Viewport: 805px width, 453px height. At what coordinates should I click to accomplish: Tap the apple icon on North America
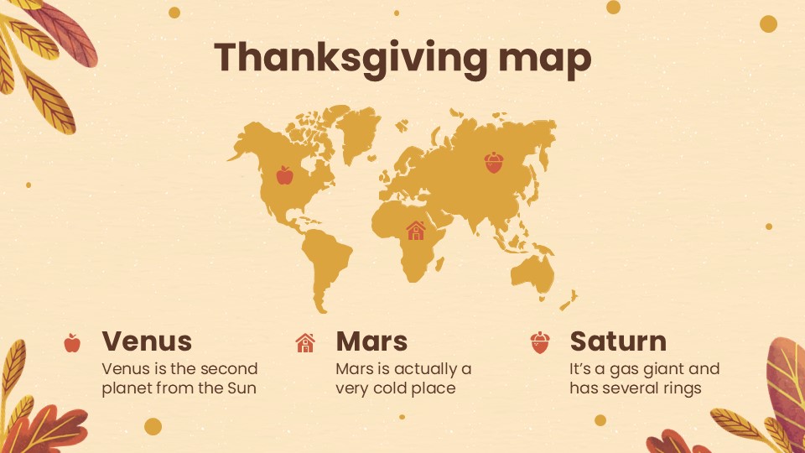(285, 174)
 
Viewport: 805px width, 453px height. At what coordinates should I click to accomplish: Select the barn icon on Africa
(416, 229)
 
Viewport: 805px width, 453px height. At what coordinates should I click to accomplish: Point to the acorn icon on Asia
(494, 162)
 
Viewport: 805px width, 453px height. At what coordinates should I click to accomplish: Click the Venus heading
(147, 341)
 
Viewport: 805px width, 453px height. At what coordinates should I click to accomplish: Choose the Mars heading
(371, 341)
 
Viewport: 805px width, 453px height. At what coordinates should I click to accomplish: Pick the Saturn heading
(618, 341)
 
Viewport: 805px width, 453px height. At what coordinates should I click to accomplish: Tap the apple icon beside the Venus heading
(72, 342)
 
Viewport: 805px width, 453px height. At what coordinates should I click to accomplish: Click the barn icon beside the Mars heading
(305, 342)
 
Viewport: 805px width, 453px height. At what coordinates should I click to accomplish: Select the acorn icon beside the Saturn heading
(539, 342)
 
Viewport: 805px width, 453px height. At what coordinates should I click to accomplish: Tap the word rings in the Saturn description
(680, 388)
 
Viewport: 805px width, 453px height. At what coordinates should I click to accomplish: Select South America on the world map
(323, 256)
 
